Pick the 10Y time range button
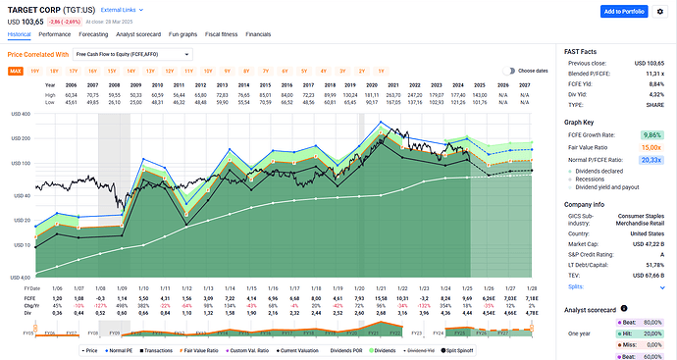pyautogui.click(x=208, y=71)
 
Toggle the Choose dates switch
pyautogui.click(x=509, y=71)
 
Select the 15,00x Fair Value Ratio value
pyautogui.click(x=652, y=145)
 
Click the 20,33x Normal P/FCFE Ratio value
pyautogui.click(x=652, y=157)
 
